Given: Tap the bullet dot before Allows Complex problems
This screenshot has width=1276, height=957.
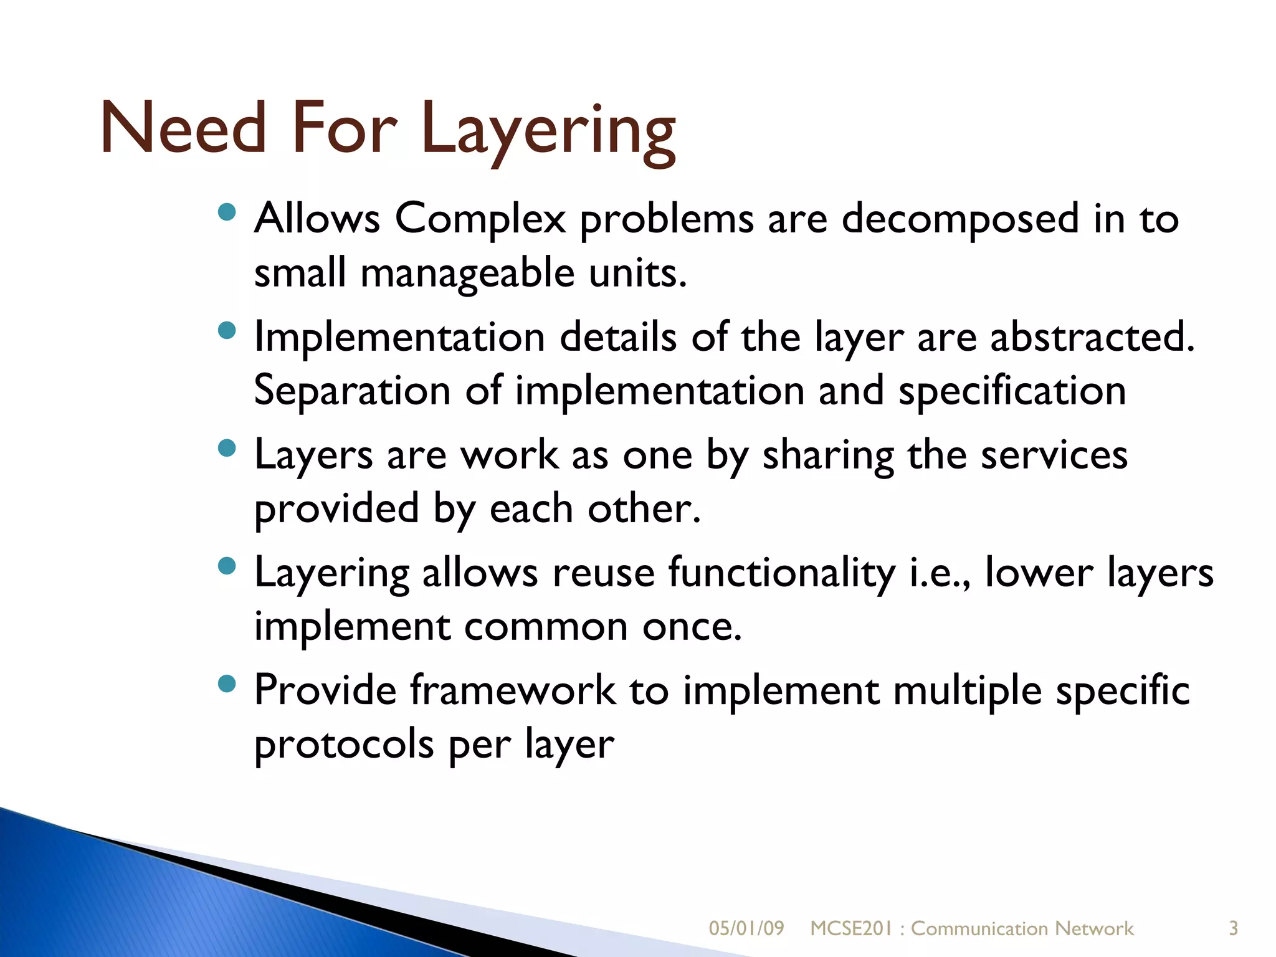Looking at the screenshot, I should (227, 213).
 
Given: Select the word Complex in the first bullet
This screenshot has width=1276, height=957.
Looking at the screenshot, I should (480, 219).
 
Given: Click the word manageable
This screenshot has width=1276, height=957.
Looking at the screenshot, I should (467, 274).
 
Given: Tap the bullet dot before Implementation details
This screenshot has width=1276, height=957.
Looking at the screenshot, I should (227, 330).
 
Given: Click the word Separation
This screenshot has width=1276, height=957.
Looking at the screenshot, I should (352, 391).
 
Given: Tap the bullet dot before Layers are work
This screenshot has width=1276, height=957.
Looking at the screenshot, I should (227, 448).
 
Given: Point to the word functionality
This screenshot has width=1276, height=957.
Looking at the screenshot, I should (782, 573).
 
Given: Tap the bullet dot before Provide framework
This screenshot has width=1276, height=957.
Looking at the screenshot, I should (227, 684).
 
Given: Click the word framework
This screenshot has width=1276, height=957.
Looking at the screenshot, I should (513, 690).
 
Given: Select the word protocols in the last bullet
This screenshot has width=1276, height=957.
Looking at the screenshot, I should (344, 745).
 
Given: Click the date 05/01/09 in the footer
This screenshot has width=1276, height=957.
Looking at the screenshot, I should (746, 928).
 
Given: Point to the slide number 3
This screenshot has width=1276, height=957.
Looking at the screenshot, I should (1233, 928).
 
